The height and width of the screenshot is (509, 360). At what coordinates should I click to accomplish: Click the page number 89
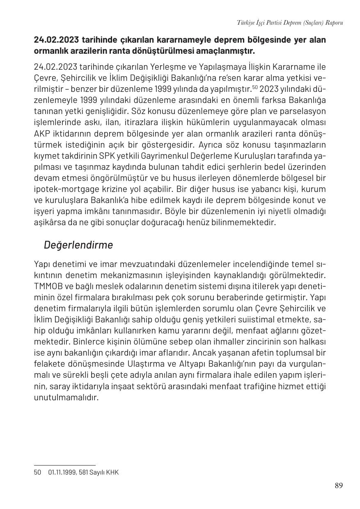pyautogui.click(x=338, y=486)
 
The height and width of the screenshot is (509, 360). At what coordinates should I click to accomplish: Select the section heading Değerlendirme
pyautogui.click(x=78, y=245)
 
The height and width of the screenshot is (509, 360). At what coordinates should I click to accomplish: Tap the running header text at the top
pyautogui.click(x=290, y=23)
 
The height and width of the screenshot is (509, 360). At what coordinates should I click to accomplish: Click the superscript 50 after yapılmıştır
pyautogui.click(x=255, y=87)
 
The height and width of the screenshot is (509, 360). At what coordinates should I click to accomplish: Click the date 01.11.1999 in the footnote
pyautogui.click(x=62, y=472)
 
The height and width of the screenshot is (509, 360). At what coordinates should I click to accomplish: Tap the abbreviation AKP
pyautogui.click(x=41, y=134)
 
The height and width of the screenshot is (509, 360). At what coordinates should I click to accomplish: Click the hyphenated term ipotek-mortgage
pyautogui.click(x=66, y=189)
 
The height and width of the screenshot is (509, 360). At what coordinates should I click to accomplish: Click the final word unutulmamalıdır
pyautogui.click(x=66, y=397)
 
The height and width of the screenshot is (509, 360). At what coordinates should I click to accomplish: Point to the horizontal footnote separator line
pyautogui.click(x=64, y=465)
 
